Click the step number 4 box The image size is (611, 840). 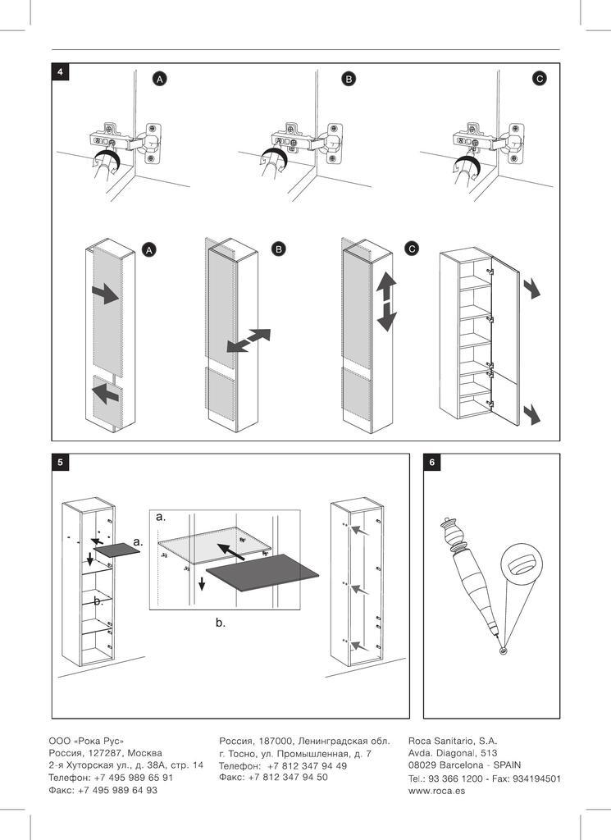(60, 71)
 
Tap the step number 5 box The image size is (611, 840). (60, 463)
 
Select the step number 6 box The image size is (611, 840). (432, 463)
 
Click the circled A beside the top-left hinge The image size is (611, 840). (160, 79)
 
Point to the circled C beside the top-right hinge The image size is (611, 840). (539, 79)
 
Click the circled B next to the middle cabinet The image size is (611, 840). (278, 249)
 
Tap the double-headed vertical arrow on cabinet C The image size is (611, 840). (386, 302)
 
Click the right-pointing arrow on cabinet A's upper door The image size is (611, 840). (105, 293)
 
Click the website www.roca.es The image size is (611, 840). (436, 792)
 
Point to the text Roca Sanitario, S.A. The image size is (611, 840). (452, 739)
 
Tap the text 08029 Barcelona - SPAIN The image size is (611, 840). (464, 765)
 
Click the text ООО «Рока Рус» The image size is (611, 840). (86, 740)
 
